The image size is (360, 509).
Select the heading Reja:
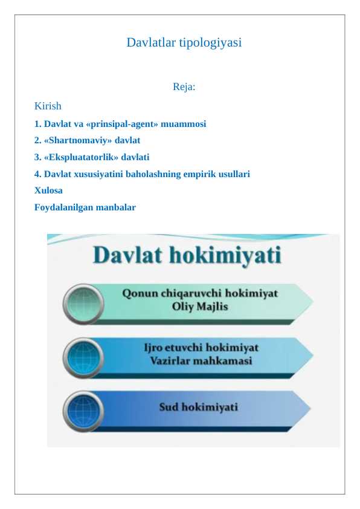tap(184, 87)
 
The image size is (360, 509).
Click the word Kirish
tap(48, 106)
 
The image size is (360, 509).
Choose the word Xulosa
tap(48, 190)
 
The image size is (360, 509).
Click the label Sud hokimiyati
tap(198, 407)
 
